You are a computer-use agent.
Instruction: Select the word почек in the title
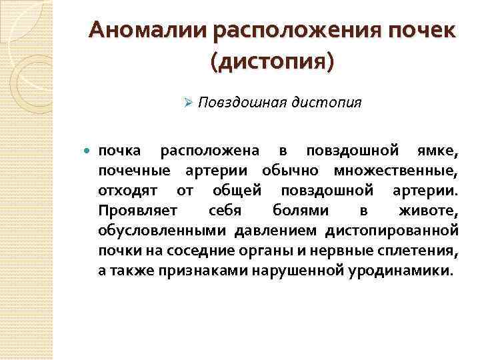(420, 30)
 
